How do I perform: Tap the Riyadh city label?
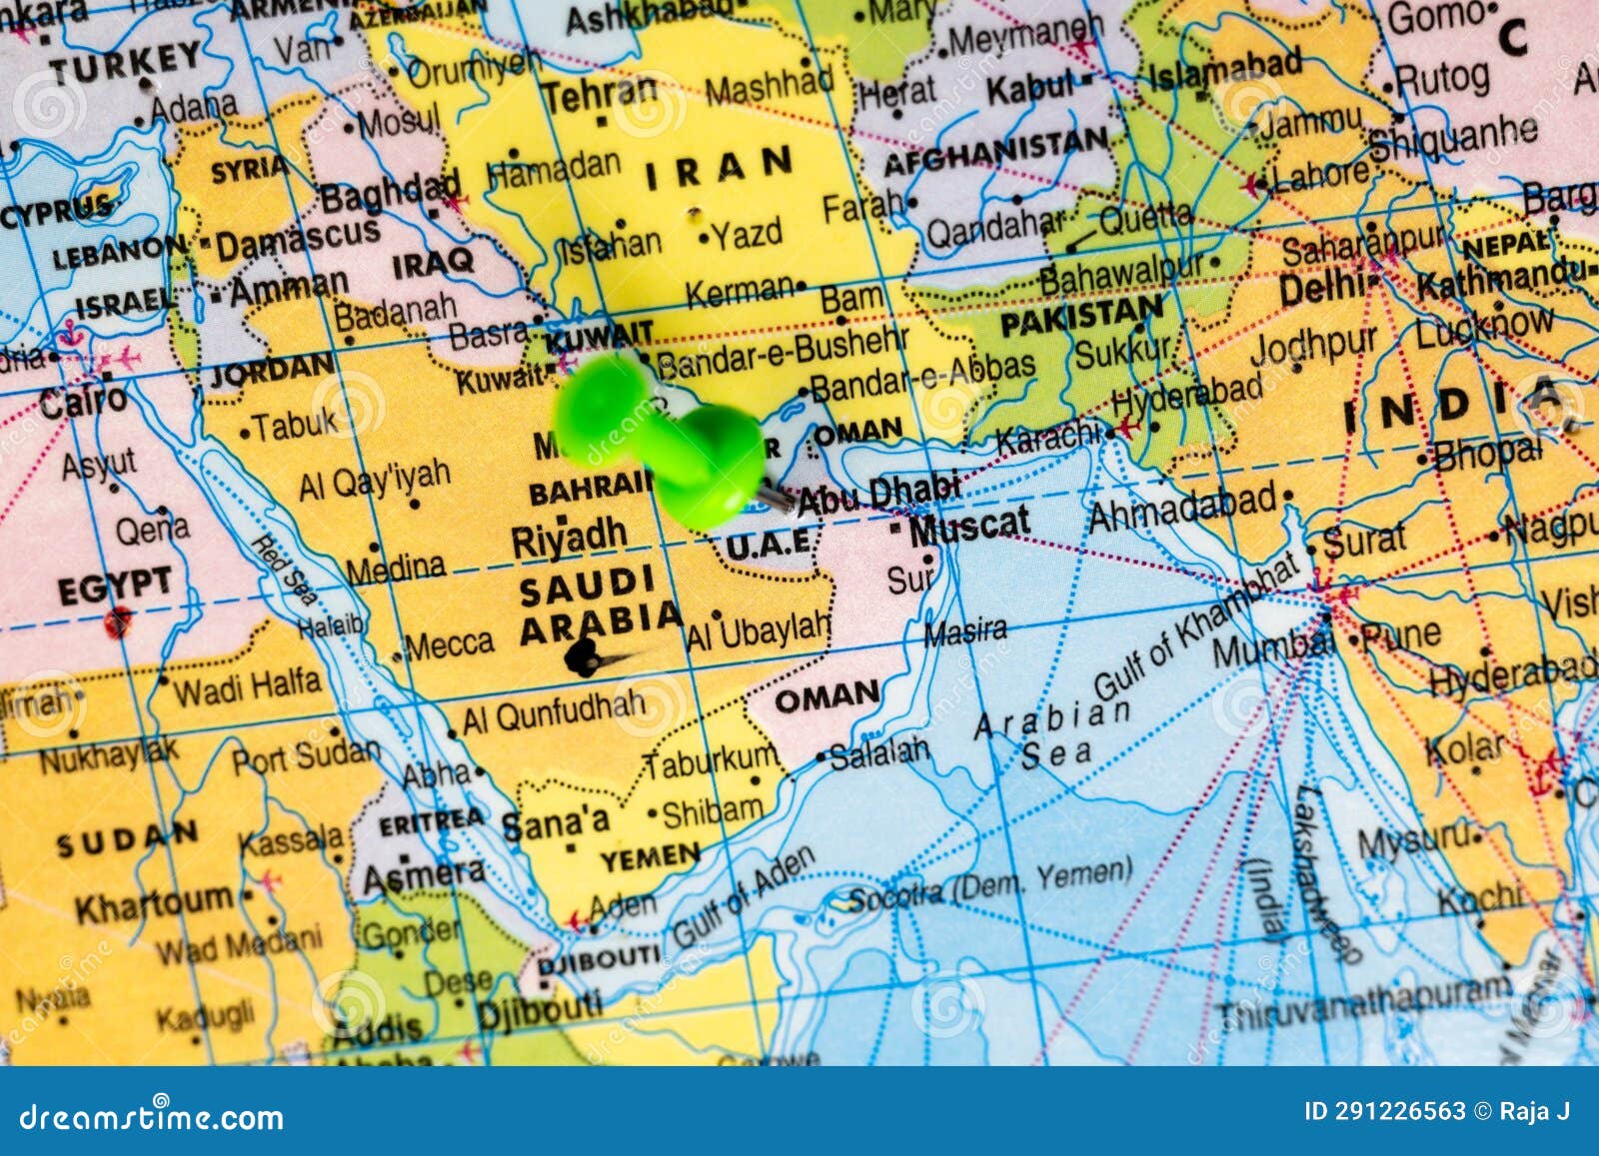point(569,539)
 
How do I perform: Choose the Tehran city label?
point(600,96)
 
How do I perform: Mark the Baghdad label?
point(390,193)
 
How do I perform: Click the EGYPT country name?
point(114,586)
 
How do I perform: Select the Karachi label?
point(1047,437)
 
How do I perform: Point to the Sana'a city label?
point(555,823)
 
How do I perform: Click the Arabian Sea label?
point(1052,733)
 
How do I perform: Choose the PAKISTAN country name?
point(1081,318)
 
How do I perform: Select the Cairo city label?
point(83,401)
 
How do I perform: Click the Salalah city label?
point(879,753)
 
